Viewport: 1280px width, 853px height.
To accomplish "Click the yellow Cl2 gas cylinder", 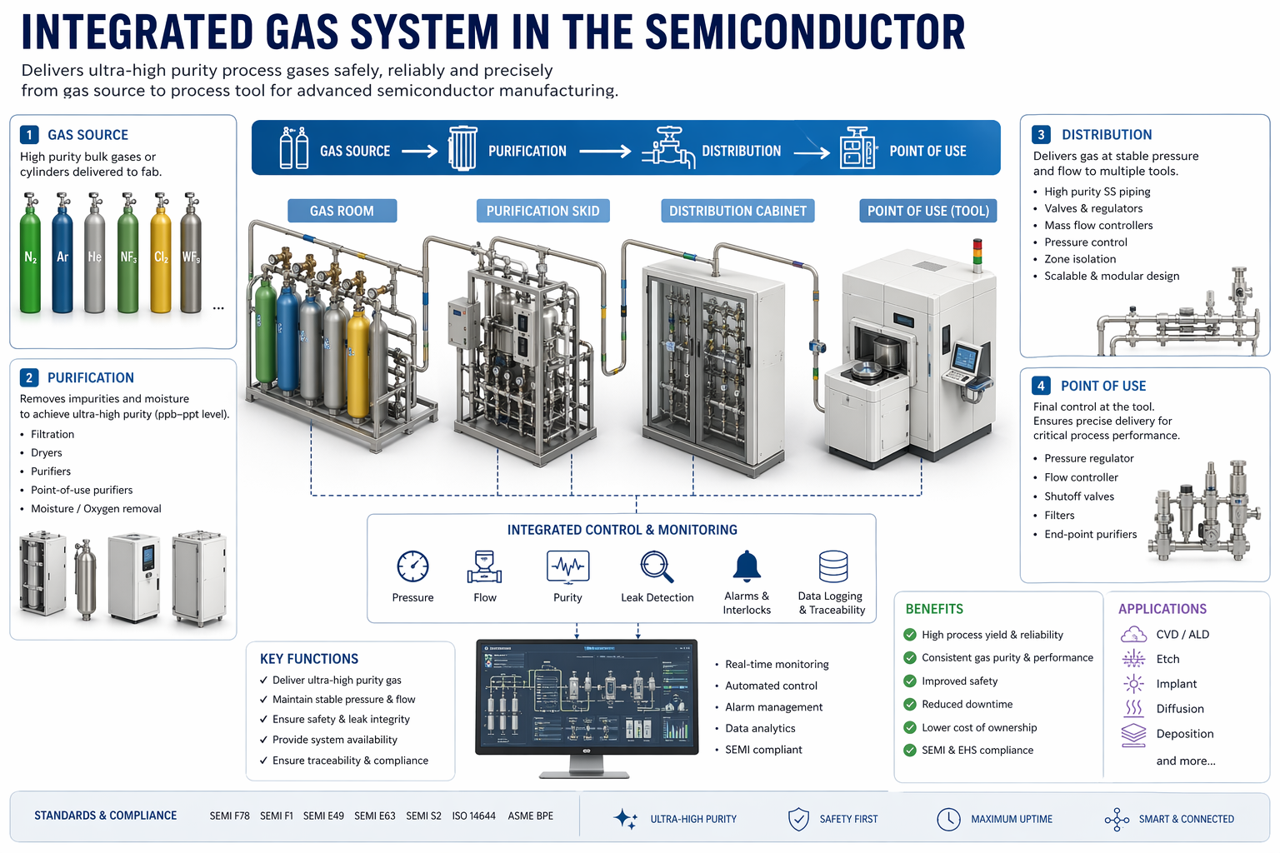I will pyautogui.click(x=161, y=258).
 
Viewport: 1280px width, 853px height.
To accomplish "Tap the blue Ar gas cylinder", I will pyautogui.click(x=62, y=258).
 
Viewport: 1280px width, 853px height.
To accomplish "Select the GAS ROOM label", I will pyautogui.click(x=342, y=211).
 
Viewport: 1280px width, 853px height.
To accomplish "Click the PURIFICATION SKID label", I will pyautogui.click(x=542, y=211).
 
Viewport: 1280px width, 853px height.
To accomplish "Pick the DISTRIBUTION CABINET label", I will pyautogui.click(x=737, y=211).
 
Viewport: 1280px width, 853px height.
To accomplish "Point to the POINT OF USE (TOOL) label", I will pyautogui.click(x=927, y=211).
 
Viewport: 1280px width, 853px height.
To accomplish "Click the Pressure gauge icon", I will pyautogui.click(x=412, y=566).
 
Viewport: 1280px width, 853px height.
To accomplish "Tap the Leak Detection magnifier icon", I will pyautogui.click(x=657, y=566).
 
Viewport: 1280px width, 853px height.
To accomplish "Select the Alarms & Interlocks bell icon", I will pyautogui.click(x=747, y=566).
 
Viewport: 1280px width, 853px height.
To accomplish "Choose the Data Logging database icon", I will pyautogui.click(x=833, y=566).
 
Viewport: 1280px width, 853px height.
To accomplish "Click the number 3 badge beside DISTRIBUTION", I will pyautogui.click(x=1041, y=135).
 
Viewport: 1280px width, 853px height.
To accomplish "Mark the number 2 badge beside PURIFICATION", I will pyautogui.click(x=29, y=377).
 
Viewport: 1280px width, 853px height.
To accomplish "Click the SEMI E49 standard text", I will pyautogui.click(x=323, y=816).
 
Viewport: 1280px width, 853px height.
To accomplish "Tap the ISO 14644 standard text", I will pyautogui.click(x=473, y=816).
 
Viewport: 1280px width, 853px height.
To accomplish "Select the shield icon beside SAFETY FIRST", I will pyautogui.click(x=798, y=819).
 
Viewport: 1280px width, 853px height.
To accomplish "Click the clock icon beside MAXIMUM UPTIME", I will pyautogui.click(x=948, y=819).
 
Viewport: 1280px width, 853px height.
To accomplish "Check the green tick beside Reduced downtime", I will pyautogui.click(x=910, y=705).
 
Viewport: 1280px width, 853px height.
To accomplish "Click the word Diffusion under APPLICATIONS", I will pyautogui.click(x=1180, y=709).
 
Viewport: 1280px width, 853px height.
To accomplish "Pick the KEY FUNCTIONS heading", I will pyautogui.click(x=309, y=659).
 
